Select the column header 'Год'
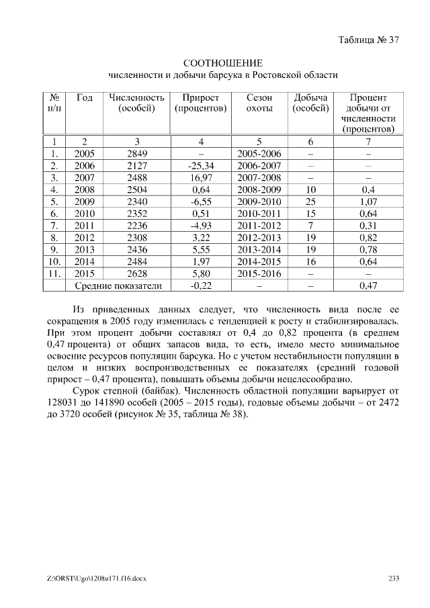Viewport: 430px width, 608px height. [85, 97]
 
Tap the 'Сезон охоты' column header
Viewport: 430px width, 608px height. [259, 103]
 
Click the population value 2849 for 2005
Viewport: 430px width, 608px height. [137, 154]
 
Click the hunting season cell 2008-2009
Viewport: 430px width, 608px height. [259, 190]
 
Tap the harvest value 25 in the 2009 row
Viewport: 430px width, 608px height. [310, 202]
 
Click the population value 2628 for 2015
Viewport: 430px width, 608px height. [137, 274]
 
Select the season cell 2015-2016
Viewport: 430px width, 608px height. [259, 274]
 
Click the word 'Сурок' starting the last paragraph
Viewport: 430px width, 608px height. [87, 390]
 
